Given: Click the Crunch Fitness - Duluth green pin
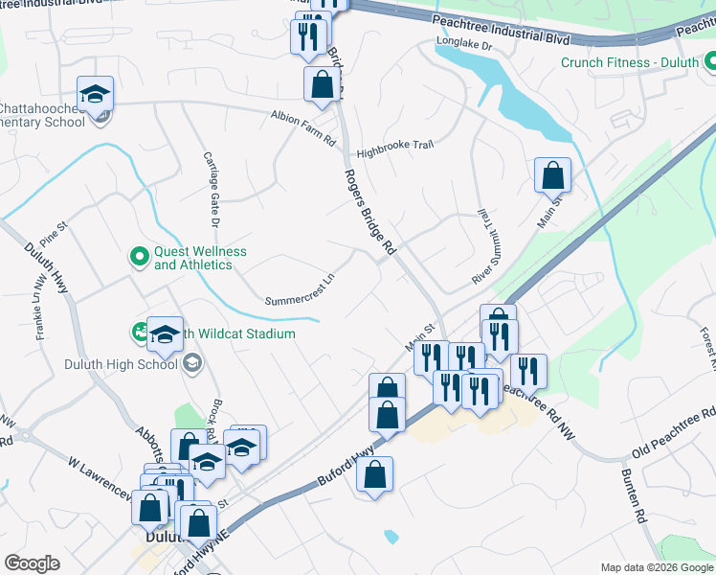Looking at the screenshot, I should point(710,63).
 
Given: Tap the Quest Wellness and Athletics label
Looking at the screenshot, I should point(200,258).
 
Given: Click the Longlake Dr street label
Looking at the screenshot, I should point(463,44).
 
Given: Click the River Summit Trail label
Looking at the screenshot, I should point(483,245).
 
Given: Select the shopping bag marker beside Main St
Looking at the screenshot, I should point(552,175).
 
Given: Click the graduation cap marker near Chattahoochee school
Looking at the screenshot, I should point(96,94).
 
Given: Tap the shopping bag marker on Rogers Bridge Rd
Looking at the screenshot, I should point(323,84).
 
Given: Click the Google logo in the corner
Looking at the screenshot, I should point(32,563).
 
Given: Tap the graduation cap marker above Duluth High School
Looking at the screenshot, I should point(165,334).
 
